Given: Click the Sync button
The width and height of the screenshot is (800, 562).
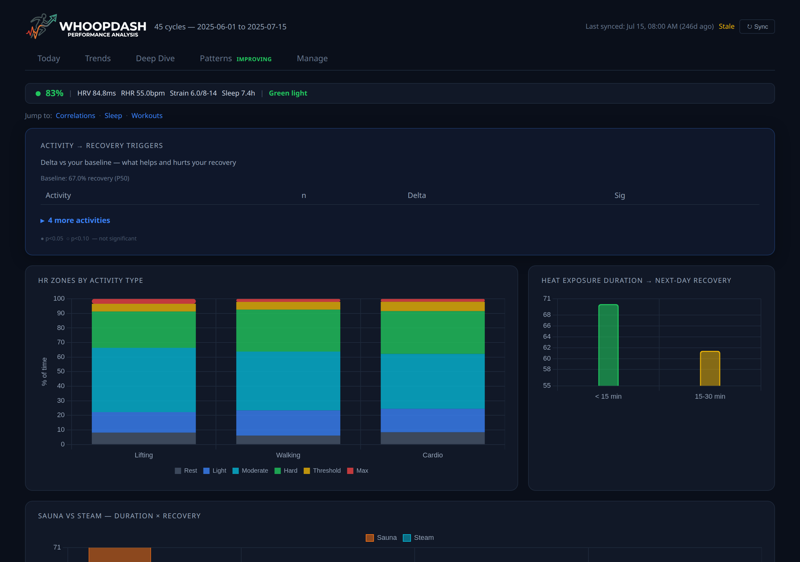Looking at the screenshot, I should tap(757, 27).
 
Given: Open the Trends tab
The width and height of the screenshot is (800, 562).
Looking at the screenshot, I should tap(97, 58).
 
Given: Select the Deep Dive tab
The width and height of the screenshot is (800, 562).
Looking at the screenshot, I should tap(155, 58).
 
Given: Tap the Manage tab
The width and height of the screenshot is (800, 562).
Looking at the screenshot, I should tap(312, 58).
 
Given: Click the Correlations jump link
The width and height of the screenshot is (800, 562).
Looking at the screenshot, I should tap(75, 116).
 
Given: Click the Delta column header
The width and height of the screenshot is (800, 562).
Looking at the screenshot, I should tap(417, 195).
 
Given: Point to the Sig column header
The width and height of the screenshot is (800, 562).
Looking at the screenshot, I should tap(619, 195).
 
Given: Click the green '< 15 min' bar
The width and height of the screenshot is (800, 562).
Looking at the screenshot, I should tap(608, 345).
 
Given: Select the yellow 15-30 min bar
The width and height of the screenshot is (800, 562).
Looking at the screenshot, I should tap(710, 368).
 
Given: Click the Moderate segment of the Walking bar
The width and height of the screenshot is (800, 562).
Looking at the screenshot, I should tap(288, 381).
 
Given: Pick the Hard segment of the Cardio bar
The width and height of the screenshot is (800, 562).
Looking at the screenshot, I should tap(432, 332).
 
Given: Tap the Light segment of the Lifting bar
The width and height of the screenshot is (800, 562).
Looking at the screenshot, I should tap(143, 422).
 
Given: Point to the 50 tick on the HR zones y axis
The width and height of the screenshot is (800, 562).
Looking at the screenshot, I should tap(61, 371).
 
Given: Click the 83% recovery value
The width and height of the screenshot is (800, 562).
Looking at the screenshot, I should tap(54, 93).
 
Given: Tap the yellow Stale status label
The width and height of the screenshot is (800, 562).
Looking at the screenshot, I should tap(726, 27).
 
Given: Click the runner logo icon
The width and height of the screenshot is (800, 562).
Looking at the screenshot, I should tap(42, 26).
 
